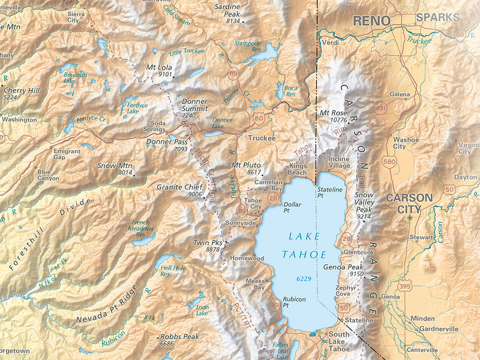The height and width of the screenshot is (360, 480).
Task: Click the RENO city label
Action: click(x=371, y=21)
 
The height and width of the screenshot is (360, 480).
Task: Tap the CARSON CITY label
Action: click(x=409, y=203)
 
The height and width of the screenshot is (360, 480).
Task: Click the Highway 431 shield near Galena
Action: click(x=382, y=109)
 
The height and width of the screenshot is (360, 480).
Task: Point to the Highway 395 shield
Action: click(x=405, y=285)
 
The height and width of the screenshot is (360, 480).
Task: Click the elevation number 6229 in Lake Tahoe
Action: click(x=304, y=279)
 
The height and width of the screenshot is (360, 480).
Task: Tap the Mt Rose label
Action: click(x=333, y=113)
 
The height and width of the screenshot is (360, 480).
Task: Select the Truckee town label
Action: click(x=262, y=138)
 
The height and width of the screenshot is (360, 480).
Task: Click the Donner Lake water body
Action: click(x=214, y=134)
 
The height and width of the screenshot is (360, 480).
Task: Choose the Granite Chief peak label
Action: click(x=179, y=187)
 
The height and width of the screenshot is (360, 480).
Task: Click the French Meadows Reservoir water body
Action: click(x=143, y=241)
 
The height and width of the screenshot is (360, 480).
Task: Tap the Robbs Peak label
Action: click(x=180, y=337)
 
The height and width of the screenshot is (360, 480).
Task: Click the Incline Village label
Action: click(x=339, y=162)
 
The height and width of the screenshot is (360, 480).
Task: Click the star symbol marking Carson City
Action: click(x=410, y=217)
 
